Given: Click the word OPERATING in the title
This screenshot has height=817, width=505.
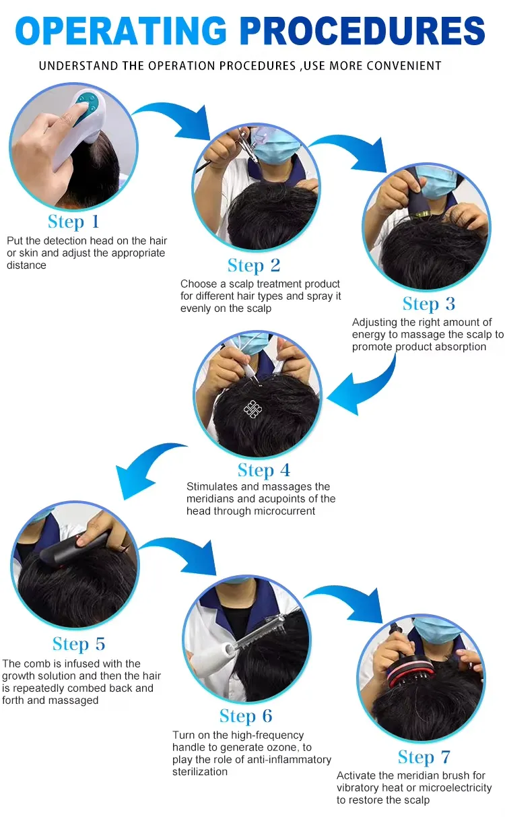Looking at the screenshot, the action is (121, 30).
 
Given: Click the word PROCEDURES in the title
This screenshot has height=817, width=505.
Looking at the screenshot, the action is (363, 30).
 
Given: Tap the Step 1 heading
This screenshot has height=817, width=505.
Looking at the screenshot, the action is (73, 222).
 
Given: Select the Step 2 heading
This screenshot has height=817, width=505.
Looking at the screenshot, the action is (254, 265).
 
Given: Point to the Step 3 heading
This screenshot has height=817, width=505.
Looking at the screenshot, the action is (429, 304).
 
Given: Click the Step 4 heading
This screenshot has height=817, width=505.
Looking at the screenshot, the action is (264, 470).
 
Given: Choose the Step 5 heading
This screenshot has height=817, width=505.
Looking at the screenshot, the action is (79, 644).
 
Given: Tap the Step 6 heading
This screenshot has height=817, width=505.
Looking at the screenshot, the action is (246, 715).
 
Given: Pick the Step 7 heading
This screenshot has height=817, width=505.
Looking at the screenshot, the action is (424, 757).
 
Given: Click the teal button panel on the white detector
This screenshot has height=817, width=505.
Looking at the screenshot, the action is (88, 103).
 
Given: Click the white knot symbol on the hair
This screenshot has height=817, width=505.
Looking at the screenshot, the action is (252, 408).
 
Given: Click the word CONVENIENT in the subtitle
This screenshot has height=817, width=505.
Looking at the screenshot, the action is (403, 65).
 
